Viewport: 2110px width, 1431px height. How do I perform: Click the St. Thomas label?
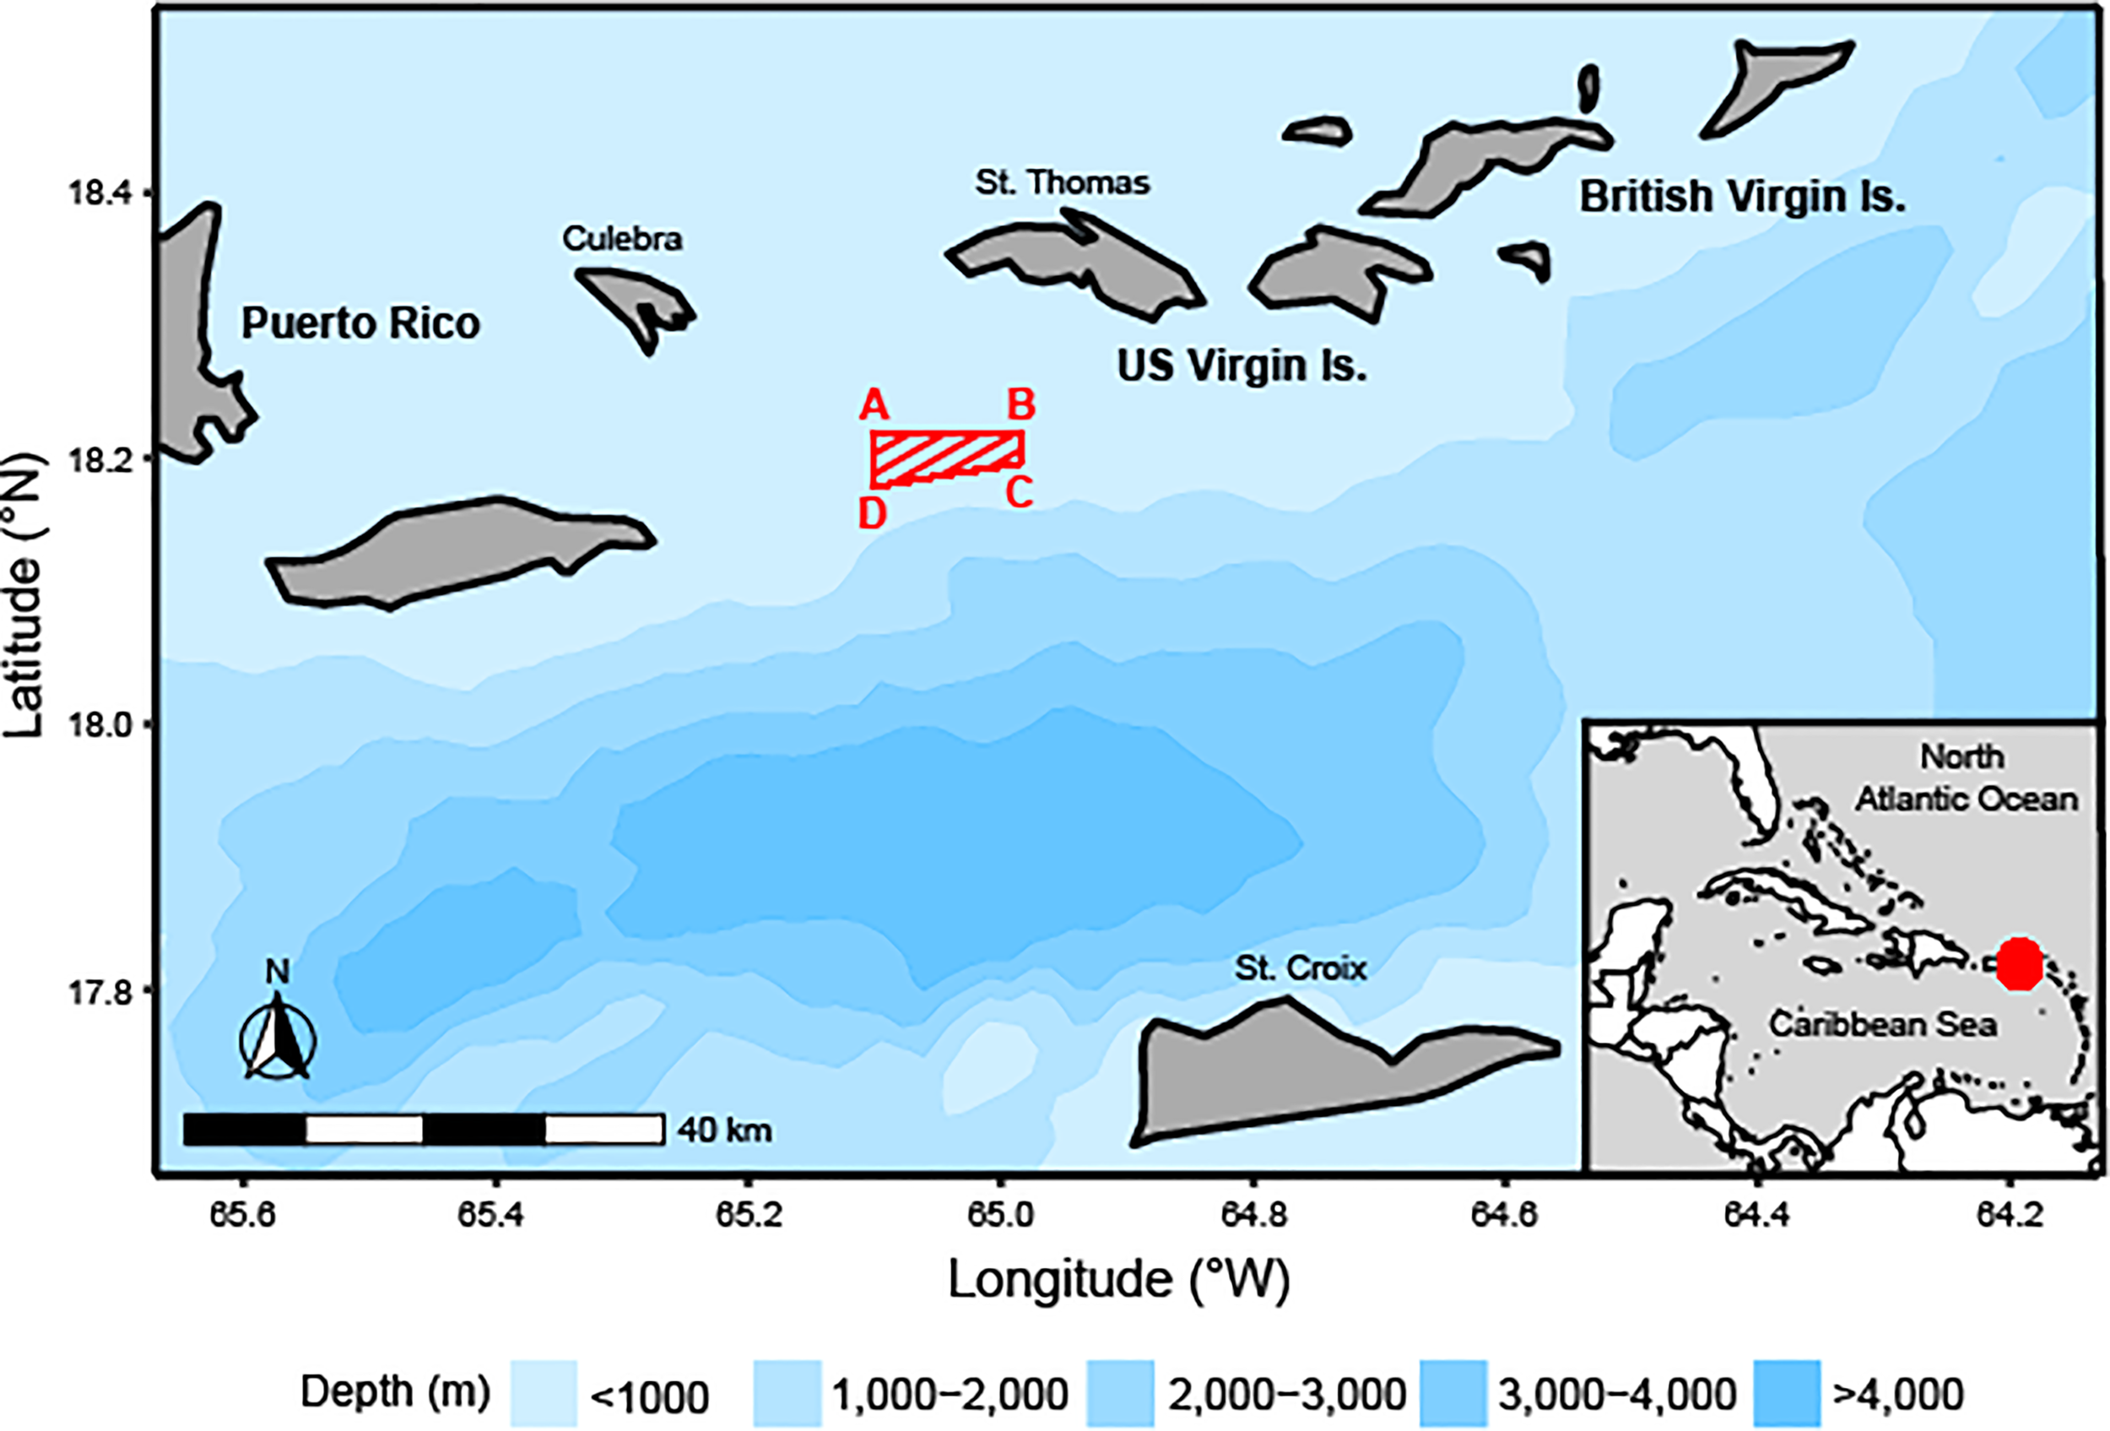coord(1063,182)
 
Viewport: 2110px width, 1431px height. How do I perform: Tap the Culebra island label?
coord(622,239)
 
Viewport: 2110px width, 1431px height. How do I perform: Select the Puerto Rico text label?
coord(360,323)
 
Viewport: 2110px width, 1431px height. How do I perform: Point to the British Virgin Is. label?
coord(1742,197)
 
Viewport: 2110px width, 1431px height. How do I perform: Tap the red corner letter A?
coord(874,404)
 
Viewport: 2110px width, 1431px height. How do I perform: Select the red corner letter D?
coord(873,514)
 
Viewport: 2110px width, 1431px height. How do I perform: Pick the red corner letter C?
coord(1019,493)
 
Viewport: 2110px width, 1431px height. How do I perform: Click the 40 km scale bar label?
coord(724,1130)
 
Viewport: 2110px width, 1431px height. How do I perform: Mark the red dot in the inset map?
coord(2019,964)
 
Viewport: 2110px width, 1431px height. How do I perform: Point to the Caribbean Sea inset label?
coord(1883,1024)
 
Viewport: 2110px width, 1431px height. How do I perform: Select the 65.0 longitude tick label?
coord(1000,1215)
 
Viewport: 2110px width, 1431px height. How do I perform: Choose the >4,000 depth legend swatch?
coord(1787,1393)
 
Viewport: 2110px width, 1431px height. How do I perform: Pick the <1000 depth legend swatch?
coord(544,1393)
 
